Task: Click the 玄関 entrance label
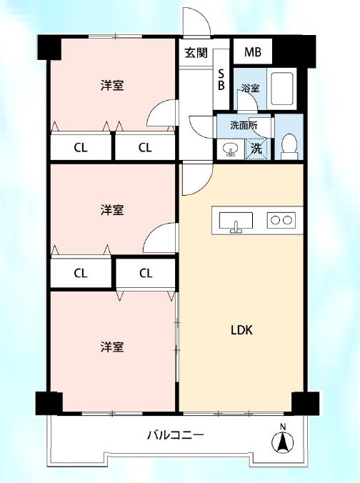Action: click(x=196, y=53)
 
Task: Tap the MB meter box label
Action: click(x=253, y=52)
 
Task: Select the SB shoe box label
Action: click(x=221, y=79)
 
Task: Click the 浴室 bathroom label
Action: click(x=251, y=88)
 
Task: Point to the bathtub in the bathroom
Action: click(x=281, y=89)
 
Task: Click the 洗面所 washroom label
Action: click(x=244, y=125)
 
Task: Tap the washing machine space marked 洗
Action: click(x=256, y=149)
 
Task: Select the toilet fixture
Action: click(x=289, y=146)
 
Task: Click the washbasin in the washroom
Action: click(x=230, y=149)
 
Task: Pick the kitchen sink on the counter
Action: click(x=236, y=221)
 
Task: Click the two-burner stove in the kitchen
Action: click(x=281, y=220)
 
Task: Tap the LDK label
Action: click(x=241, y=330)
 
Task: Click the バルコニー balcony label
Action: click(x=176, y=435)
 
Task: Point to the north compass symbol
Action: click(x=282, y=441)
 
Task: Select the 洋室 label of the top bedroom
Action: click(x=112, y=85)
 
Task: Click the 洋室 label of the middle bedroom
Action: click(x=112, y=210)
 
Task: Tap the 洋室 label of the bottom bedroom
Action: click(x=112, y=347)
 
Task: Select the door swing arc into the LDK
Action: click(x=206, y=184)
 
